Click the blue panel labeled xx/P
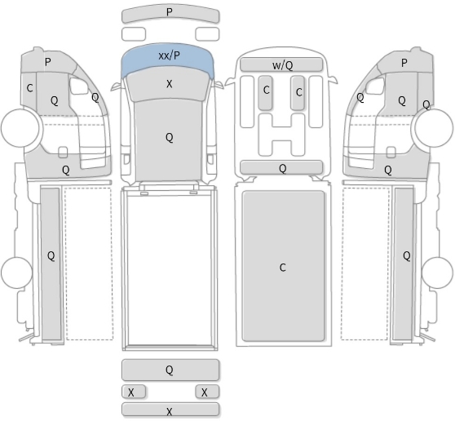point(168,58)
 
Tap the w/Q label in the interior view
point(282,65)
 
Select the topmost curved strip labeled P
point(170,14)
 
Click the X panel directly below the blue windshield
point(169,85)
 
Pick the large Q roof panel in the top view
point(168,140)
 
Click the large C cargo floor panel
point(283,266)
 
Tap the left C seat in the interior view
point(266,93)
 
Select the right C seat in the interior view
point(298,93)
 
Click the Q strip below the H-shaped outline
point(281,167)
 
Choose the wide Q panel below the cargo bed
point(170,370)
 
